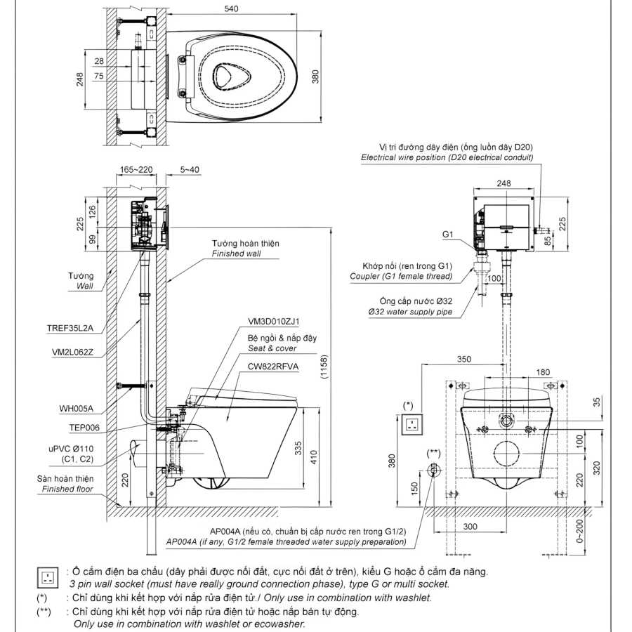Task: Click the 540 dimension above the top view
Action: point(231,8)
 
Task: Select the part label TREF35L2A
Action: point(70,328)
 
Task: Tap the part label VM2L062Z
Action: point(72,353)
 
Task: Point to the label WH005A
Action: point(76,409)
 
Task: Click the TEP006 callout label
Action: point(84,428)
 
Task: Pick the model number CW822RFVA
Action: point(273,367)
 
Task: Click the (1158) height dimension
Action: point(324,367)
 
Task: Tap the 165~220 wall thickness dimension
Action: point(136,170)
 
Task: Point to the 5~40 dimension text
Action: point(190,170)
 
